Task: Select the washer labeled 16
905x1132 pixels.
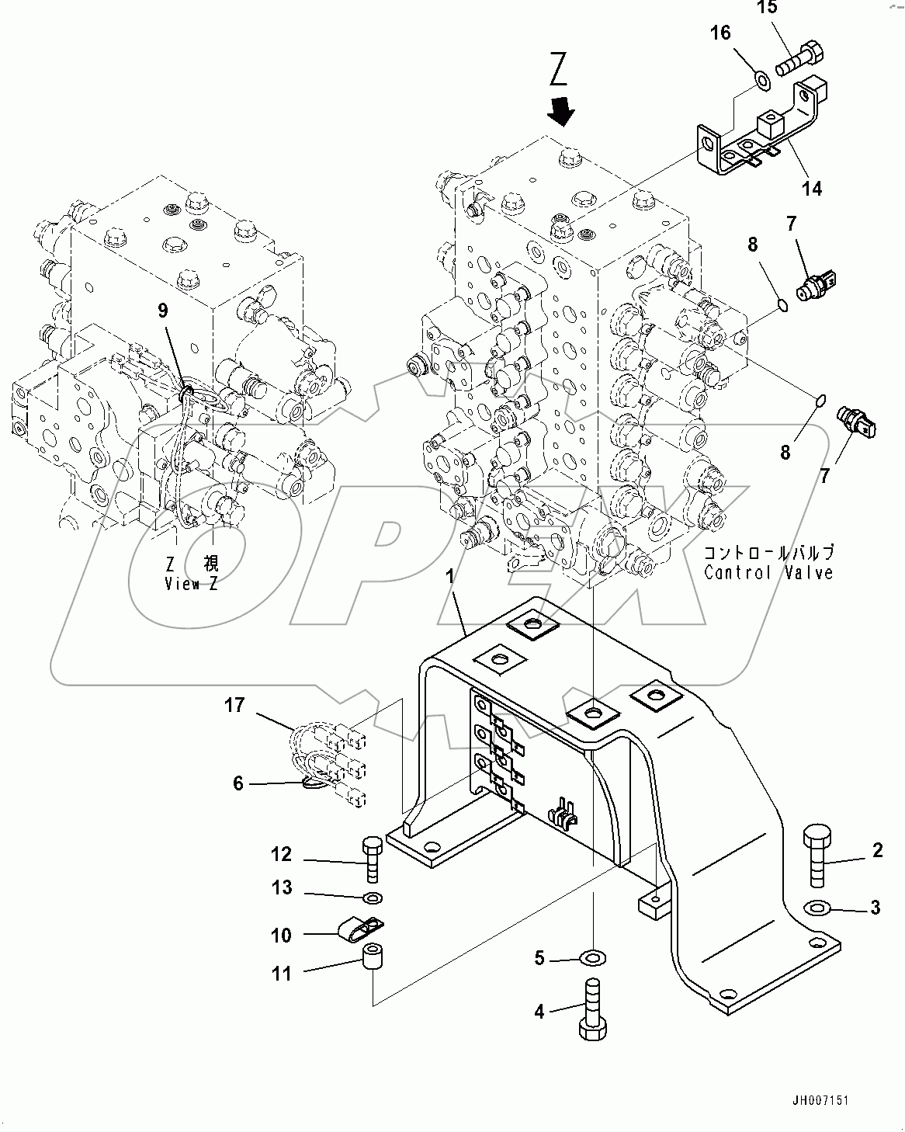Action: (x=761, y=78)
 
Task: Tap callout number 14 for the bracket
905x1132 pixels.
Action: (x=811, y=189)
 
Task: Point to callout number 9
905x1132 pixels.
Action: (x=162, y=311)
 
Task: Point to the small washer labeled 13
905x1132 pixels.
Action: (x=373, y=899)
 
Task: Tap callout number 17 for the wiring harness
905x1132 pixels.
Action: (x=235, y=706)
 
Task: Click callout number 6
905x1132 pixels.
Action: (x=238, y=784)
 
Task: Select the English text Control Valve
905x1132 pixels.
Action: (x=768, y=573)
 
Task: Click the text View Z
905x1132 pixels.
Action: (x=191, y=585)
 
